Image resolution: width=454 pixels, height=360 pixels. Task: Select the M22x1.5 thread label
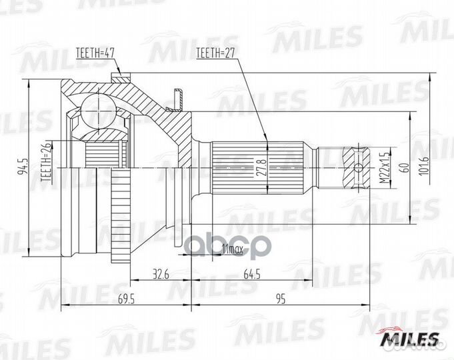(x=383, y=167)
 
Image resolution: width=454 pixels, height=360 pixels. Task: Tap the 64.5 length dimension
(x=252, y=273)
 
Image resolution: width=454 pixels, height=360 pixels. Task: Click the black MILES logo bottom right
(x=409, y=339)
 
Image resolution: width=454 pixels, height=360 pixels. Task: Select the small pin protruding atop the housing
(x=176, y=97)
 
